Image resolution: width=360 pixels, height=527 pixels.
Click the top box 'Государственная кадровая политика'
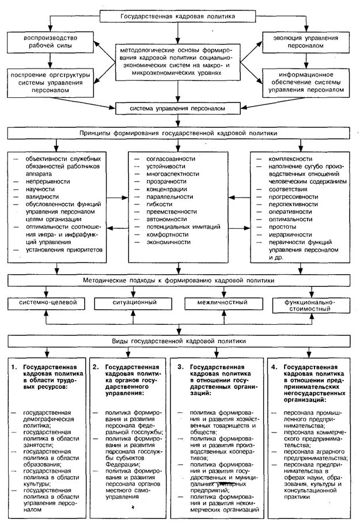coord(178,17)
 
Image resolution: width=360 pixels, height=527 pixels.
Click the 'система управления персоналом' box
coord(177,108)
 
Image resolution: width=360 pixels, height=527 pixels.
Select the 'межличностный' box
coord(220,302)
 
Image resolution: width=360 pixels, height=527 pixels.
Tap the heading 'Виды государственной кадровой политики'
coord(177,340)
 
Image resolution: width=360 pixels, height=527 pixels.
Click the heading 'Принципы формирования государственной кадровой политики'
coord(177,134)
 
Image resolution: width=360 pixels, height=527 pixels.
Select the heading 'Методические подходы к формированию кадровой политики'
coord(177,280)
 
